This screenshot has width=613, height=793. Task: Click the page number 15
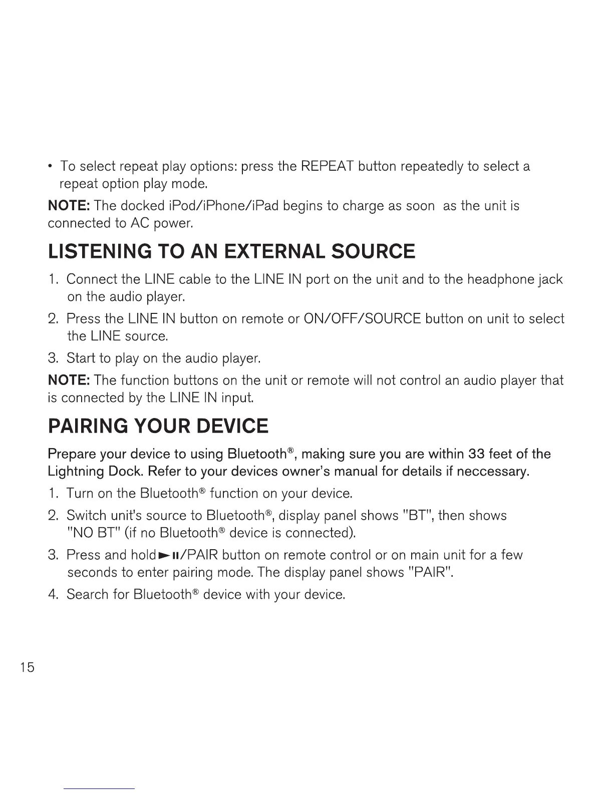pyautogui.click(x=28, y=667)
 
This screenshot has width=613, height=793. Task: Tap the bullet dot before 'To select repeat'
pyautogui.click(x=52, y=166)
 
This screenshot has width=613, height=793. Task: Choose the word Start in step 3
pyautogui.click(x=81, y=358)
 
